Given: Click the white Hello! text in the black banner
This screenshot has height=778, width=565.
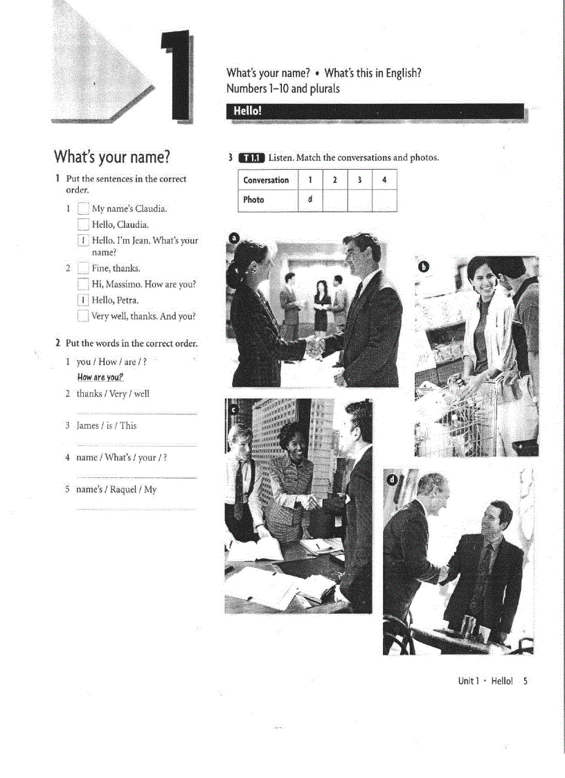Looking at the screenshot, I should (x=247, y=112).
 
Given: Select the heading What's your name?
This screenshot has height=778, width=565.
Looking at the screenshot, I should (x=112, y=155).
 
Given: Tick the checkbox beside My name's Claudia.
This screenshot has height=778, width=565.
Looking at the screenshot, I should (x=83, y=209).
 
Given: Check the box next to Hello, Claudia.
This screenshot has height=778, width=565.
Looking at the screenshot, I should (x=83, y=224).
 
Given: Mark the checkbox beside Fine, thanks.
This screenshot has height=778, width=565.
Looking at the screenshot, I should (x=83, y=268).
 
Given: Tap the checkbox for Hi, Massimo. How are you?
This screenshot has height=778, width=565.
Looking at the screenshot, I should (x=83, y=284).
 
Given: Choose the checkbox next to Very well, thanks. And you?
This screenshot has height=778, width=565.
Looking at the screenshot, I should (x=83, y=316).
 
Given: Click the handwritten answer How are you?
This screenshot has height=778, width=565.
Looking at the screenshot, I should (x=100, y=378).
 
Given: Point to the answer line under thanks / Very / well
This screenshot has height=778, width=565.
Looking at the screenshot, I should (x=136, y=414).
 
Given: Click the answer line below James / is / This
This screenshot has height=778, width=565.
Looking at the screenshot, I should (x=136, y=445).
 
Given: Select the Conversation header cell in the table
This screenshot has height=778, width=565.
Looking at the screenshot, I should (x=267, y=180).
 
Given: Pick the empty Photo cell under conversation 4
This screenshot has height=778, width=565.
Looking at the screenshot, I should (x=384, y=200).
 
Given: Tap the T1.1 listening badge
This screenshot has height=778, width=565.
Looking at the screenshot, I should (x=251, y=158).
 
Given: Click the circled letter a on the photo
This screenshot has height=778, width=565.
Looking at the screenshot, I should (x=234, y=238).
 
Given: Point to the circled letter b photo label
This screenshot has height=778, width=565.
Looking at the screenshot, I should (x=424, y=266).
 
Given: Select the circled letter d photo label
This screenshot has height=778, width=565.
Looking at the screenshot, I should (x=393, y=479).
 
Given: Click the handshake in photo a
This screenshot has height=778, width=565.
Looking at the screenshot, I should (x=316, y=343).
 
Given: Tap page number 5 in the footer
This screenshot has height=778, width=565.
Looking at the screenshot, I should (x=526, y=681).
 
